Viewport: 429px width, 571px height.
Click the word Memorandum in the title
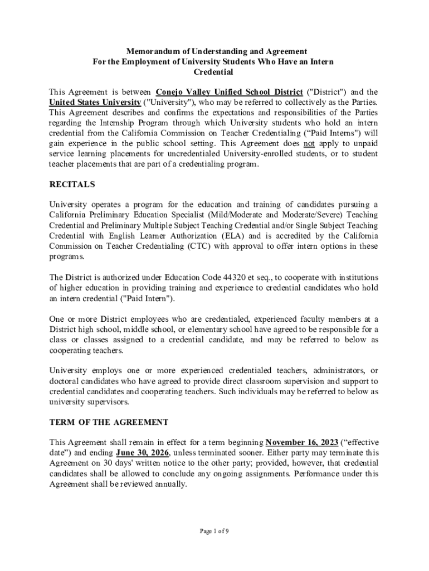(x=148, y=52)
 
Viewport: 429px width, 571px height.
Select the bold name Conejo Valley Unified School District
(x=229, y=92)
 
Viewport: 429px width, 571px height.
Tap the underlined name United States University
(x=95, y=102)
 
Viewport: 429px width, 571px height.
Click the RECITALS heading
(x=72, y=185)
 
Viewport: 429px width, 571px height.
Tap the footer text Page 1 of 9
(x=214, y=531)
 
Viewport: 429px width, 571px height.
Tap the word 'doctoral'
(x=66, y=381)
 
